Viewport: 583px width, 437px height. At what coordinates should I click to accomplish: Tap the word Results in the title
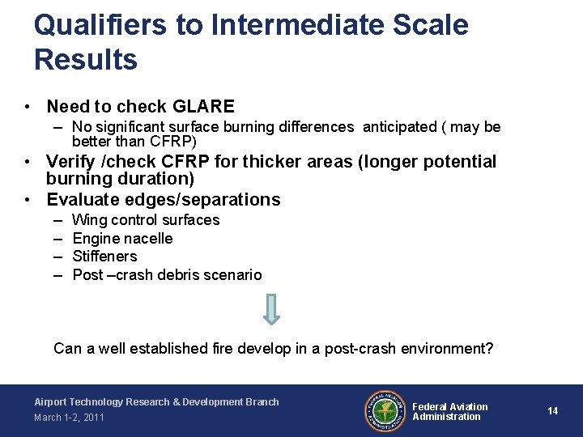click(86, 59)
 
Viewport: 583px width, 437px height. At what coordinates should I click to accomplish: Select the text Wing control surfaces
click(146, 220)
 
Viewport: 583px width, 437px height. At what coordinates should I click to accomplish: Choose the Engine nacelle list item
click(122, 238)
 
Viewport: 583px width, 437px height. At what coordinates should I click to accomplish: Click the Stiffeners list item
click(104, 257)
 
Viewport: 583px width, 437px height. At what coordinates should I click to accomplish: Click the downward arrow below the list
click(272, 308)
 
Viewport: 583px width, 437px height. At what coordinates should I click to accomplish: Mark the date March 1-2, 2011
click(69, 418)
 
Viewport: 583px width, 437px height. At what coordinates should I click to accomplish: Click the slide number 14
click(552, 411)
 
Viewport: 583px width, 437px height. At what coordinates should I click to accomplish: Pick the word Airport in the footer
click(50, 402)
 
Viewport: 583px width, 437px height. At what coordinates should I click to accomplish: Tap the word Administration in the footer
click(446, 417)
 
